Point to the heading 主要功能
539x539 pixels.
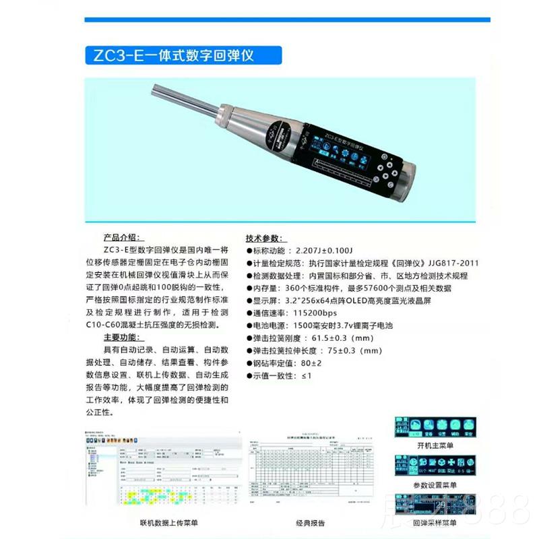point(123,337)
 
